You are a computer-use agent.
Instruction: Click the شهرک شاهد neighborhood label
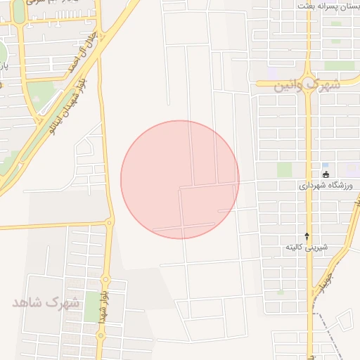[45, 303]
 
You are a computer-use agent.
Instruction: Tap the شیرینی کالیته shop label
[307, 247]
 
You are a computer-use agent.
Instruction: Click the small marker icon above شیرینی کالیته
[307, 236]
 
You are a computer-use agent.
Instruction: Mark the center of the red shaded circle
[180, 179]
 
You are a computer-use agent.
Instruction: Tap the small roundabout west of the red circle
[109, 222]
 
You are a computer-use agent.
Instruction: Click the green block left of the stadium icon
[284, 169]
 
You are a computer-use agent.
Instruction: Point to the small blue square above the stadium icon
[325, 165]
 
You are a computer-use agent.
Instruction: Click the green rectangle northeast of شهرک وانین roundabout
[340, 65]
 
